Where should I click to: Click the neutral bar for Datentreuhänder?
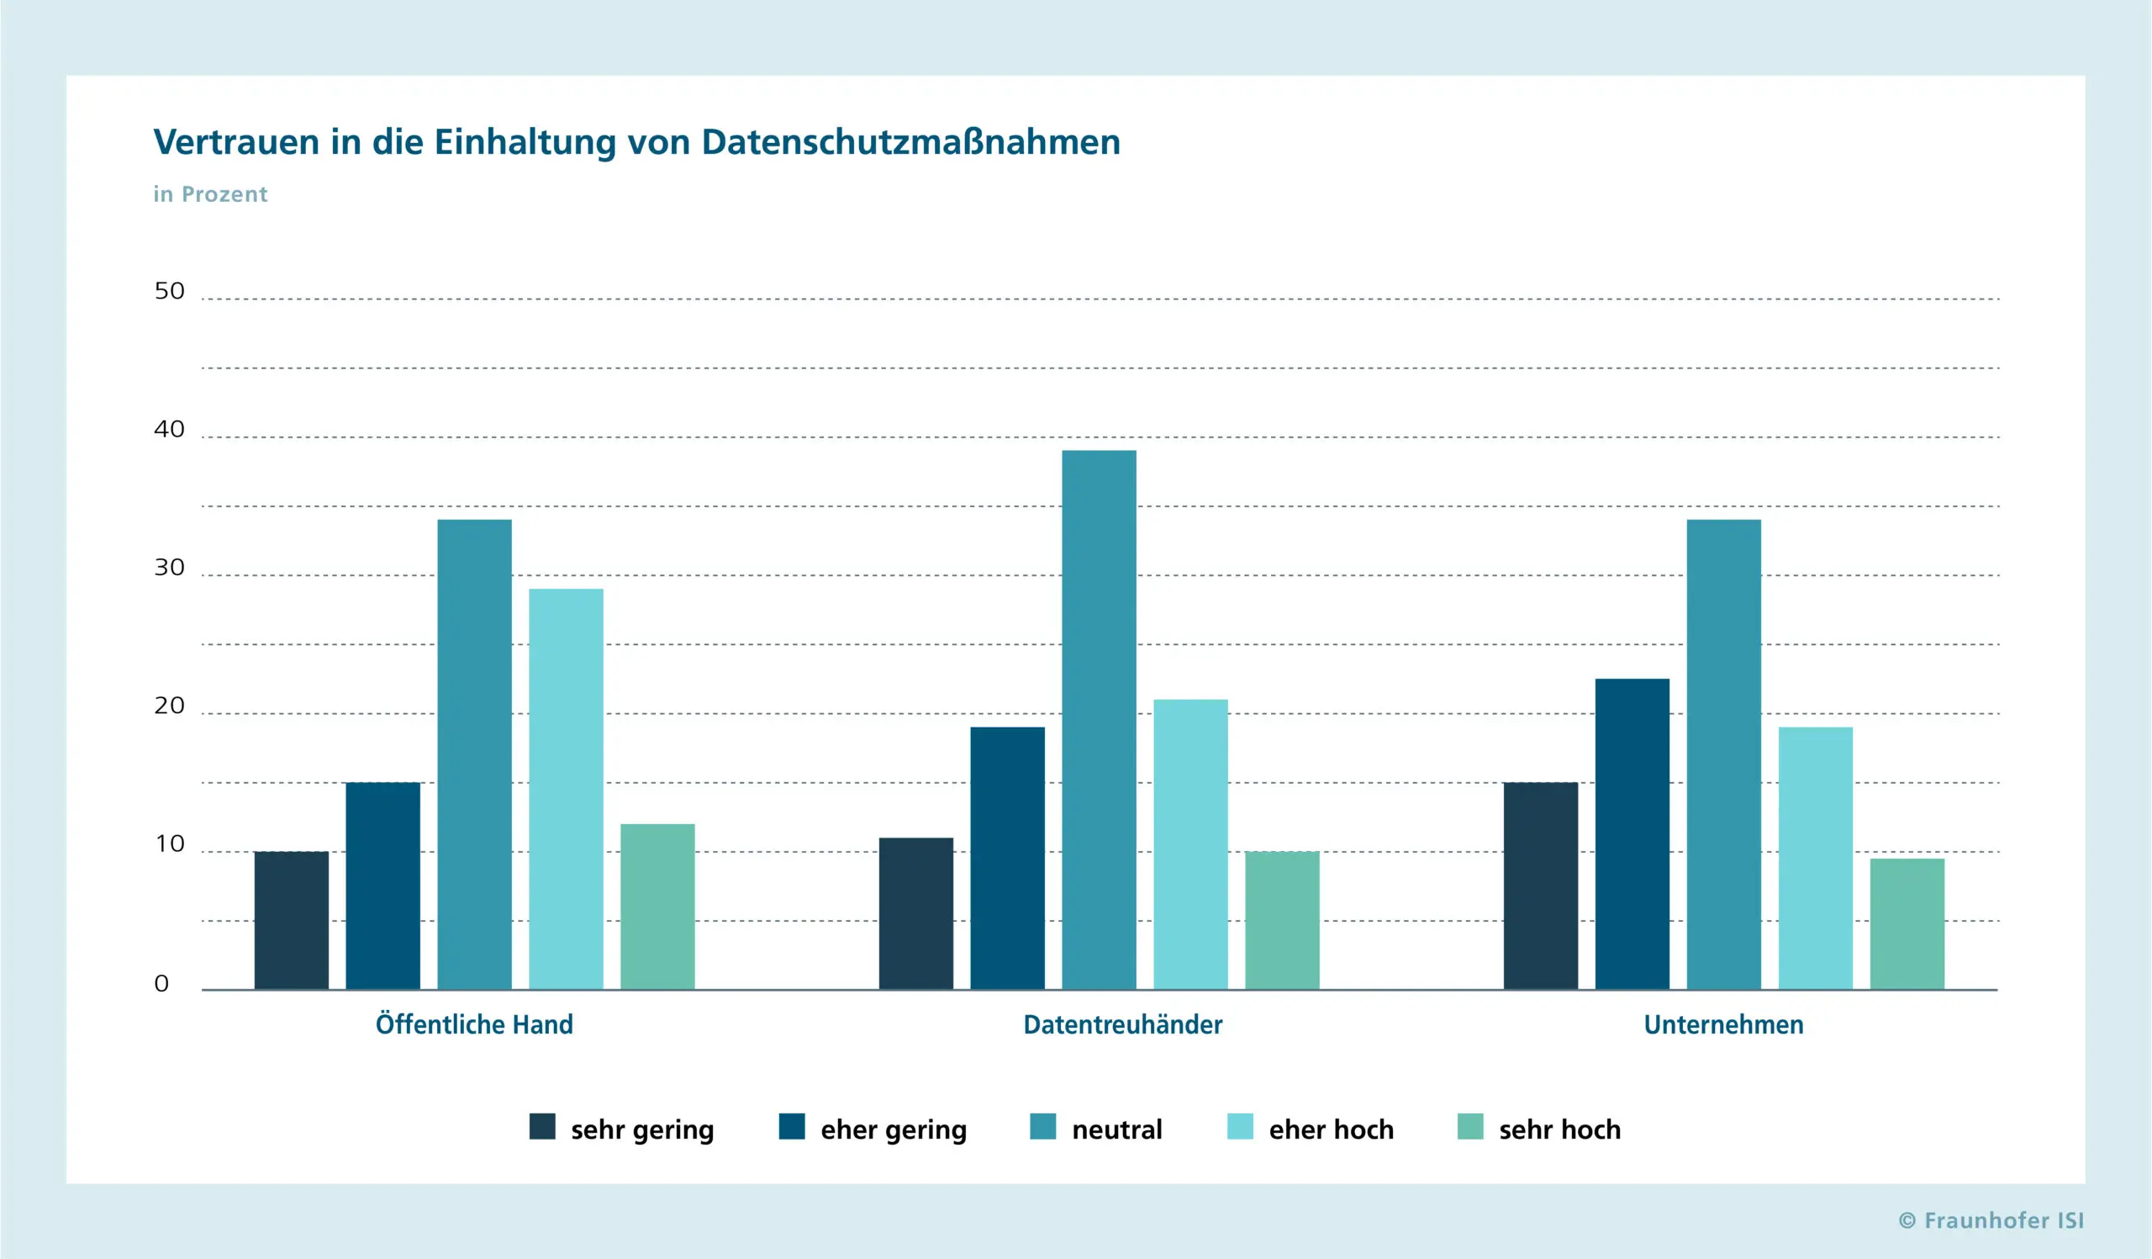pos(1099,720)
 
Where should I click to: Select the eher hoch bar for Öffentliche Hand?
pos(567,789)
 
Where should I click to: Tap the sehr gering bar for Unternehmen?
pos(1541,886)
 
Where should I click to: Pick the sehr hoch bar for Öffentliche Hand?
pos(657,907)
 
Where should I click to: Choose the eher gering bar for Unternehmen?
pos(1632,834)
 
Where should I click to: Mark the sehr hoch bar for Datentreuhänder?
pos(1282,921)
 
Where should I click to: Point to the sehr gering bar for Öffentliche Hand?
pos(291,921)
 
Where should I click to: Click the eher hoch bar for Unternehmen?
pos(1816,859)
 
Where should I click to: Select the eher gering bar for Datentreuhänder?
pos(1008,859)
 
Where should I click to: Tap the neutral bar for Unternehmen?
pos(1724,755)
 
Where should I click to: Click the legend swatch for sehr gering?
pos(542,1127)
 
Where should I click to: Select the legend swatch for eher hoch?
pos(1240,1127)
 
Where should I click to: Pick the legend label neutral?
pos(1117,1130)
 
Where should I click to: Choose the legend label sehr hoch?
pos(1560,1130)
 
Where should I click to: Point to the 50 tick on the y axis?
pos(169,291)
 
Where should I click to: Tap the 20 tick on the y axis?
pos(169,706)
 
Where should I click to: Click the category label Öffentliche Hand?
pos(475,1024)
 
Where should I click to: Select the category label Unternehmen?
pos(1724,1025)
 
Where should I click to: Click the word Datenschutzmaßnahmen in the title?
pos(911,142)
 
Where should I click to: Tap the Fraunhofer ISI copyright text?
pos(1991,1220)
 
